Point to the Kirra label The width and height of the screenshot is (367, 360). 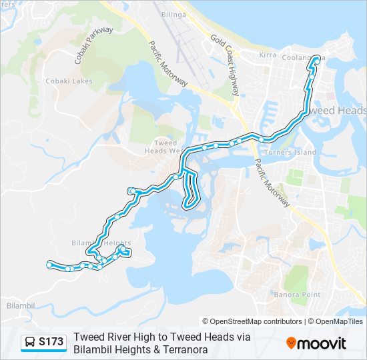click(x=268, y=55)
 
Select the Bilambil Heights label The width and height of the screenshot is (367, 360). click(x=100, y=243)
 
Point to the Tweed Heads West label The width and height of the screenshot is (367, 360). click(x=165, y=147)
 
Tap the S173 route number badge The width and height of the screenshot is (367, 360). click(x=51, y=343)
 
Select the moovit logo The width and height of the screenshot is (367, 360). click(x=316, y=343)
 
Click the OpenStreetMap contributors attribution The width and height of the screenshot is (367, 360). click(x=252, y=321)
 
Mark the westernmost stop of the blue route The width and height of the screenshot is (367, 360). click(x=49, y=265)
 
